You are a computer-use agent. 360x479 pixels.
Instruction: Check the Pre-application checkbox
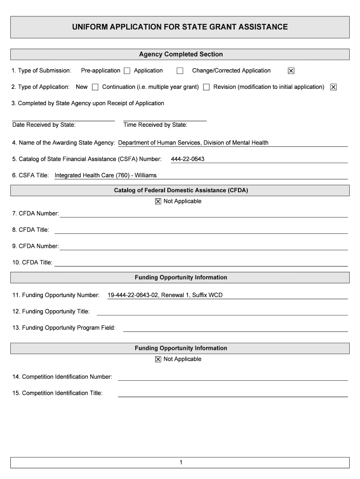[127, 71]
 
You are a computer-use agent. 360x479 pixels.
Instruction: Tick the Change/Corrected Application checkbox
[291, 71]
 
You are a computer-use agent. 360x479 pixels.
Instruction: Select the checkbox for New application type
[95, 87]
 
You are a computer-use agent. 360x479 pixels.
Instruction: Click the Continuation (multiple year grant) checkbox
[206, 87]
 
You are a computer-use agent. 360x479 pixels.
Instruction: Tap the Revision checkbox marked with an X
[333, 87]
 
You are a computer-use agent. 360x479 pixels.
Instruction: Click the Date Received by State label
[44, 125]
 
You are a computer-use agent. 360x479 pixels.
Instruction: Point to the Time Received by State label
[155, 125]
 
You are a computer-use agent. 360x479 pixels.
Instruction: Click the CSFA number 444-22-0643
[187, 159]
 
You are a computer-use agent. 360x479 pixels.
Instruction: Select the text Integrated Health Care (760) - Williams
[106, 175]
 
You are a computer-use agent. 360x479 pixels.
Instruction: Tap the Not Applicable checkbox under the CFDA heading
[158, 202]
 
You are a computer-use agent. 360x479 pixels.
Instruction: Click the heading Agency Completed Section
[180, 54]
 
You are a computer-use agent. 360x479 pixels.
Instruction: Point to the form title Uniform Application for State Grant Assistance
[180, 27]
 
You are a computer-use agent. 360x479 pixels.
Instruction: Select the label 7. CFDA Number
[36, 214]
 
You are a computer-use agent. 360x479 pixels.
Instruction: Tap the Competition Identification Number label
[62, 377]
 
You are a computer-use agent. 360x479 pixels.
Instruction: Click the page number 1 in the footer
[180, 463]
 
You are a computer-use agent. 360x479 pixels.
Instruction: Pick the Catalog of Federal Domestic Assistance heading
[180, 190]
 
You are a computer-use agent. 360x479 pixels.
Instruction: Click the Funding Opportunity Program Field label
[64, 328]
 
